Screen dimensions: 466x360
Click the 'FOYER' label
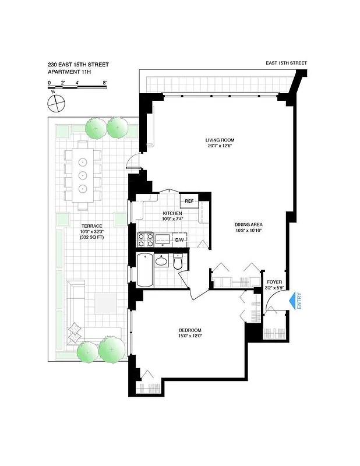coord(274,282)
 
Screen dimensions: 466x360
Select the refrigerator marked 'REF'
coord(189,202)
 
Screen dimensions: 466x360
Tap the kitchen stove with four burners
coord(145,239)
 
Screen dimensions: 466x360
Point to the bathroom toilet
coord(179,263)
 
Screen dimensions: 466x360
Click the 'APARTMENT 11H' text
coord(70,72)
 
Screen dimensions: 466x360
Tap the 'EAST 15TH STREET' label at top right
coord(285,63)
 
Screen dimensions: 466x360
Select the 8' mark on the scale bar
coord(104,83)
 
